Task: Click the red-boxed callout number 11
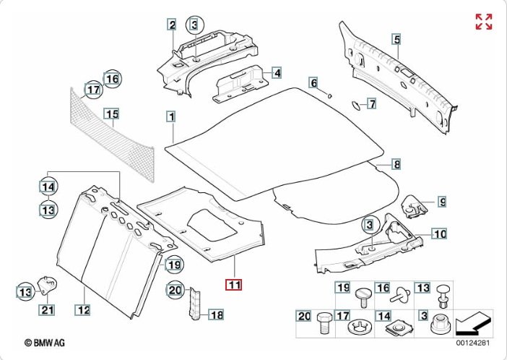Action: pos(235,284)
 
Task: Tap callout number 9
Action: pos(442,202)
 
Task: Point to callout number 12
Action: pos(83,311)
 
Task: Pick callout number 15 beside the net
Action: pos(110,113)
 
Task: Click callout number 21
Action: pos(47,311)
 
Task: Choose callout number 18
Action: pos(217,314)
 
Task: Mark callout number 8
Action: pos(396,163)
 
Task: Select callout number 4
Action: pos(277,72)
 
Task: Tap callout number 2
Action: pos(172,25)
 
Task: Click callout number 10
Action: pos(440,233)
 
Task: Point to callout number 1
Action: pos(171,116)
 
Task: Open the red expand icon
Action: pos(483,22)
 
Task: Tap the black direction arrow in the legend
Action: pos(477,321)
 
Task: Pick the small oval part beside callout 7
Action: pos(356,104)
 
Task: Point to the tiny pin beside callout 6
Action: pos(329,95)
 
